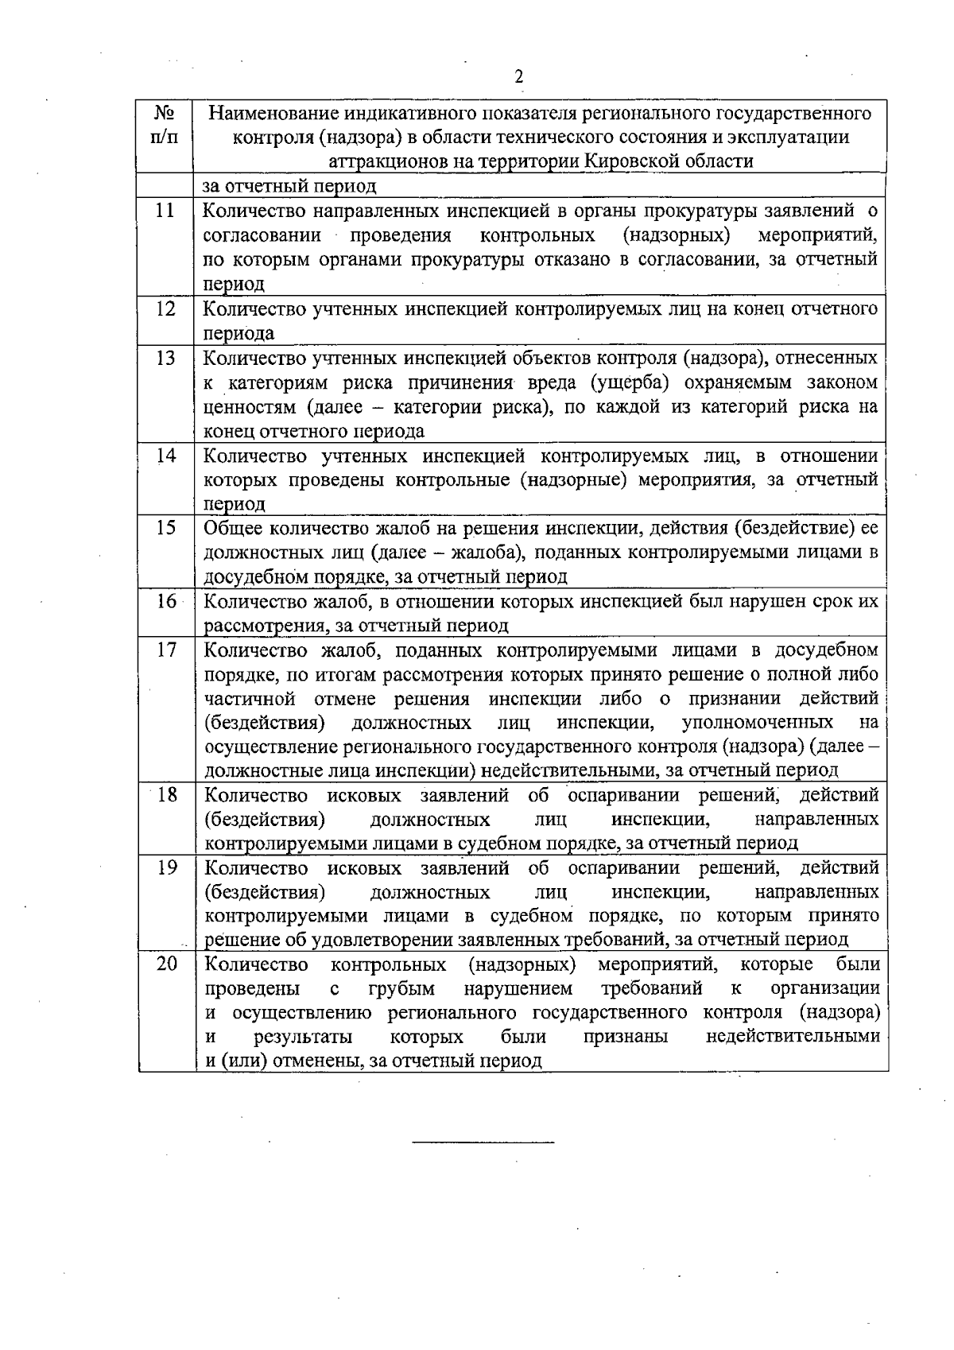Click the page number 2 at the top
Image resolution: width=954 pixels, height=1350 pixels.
click(x=519, y=77)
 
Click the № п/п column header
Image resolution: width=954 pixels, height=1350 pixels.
click(x=165, y=125)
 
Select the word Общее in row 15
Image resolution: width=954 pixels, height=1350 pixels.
click(x=234, y=528)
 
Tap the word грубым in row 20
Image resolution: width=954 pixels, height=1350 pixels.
click(x=401, y=988)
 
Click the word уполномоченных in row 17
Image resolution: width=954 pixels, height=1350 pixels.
click(x=757, y=723)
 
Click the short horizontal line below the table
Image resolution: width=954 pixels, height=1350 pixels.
click(x=483, y=1142)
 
